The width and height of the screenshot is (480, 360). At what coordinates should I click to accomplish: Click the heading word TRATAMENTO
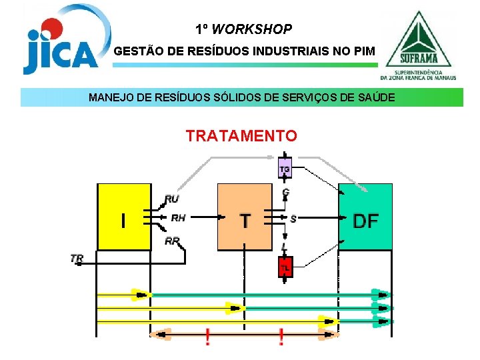click(x=241, y=136)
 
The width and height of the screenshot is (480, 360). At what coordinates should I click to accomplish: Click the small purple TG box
click(x=285, y=169)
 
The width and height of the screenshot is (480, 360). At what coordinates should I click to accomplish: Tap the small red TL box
click(x=285, y=268)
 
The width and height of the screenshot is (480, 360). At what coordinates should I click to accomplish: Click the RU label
click(x=172, y=198)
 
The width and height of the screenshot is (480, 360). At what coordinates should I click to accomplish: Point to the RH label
click(x=179, y=217)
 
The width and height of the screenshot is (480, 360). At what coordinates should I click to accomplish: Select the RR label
click(x=172, y=241)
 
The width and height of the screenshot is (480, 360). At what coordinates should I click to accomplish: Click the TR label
click(x=77, y=257)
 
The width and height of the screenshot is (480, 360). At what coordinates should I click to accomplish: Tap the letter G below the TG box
click(x=285, y=192)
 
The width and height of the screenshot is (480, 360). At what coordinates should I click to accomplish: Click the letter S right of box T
click(x=293, y=218)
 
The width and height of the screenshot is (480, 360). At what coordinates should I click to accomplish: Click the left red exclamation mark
click(x=208, y=337)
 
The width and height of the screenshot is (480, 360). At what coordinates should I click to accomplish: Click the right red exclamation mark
click(x=281, y=337)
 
